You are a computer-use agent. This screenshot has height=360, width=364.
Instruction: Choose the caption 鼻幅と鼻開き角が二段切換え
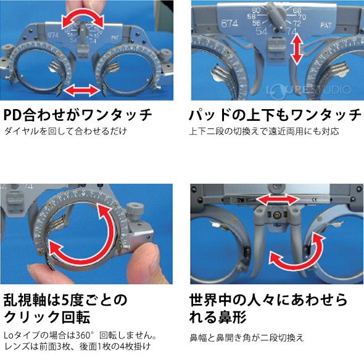pos(247,338)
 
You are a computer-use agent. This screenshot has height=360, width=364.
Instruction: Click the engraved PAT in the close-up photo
pos(328,27)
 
